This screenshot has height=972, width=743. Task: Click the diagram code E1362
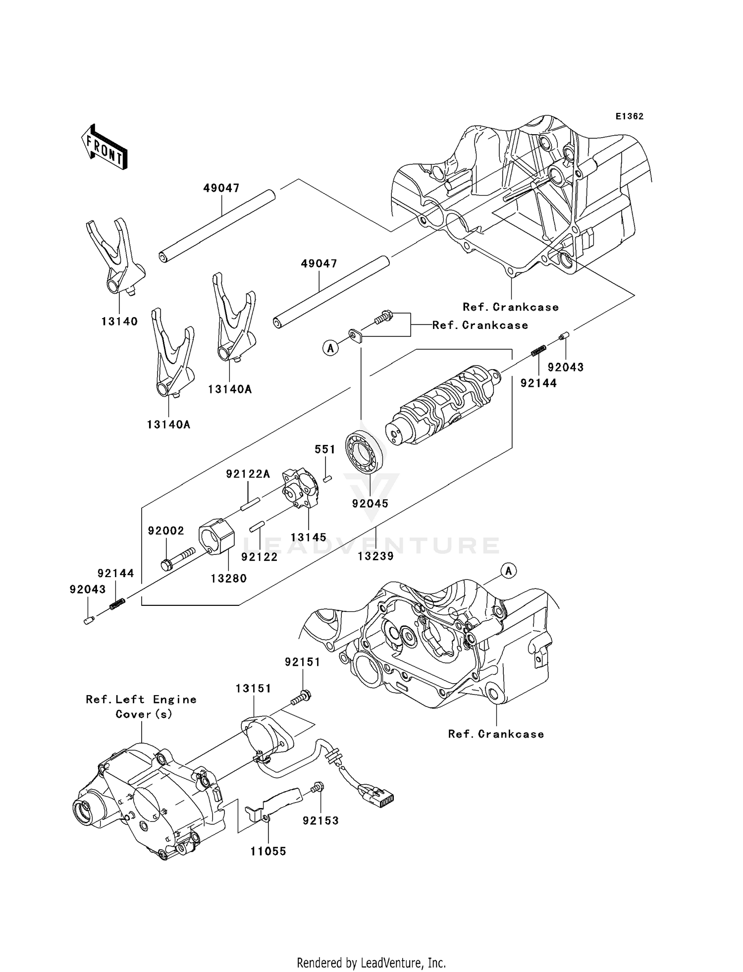point(629,116)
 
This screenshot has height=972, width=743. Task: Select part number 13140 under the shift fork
point(119,321)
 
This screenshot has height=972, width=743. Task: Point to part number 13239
point(375,556)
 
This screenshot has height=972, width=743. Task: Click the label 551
point(325,449)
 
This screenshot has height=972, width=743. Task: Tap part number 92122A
point(248,474)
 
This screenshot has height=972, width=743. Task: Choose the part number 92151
point(302,662)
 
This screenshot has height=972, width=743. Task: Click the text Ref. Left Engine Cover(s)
point(141,706)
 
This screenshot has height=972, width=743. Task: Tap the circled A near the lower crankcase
point(508,571)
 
